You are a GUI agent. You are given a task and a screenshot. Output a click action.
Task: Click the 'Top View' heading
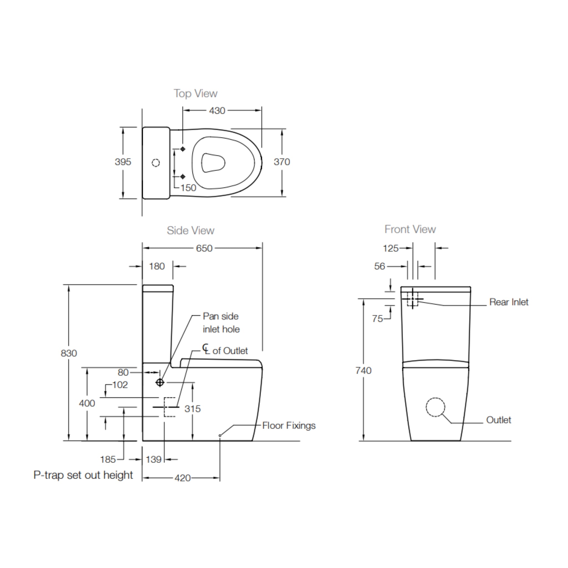pos(196,94)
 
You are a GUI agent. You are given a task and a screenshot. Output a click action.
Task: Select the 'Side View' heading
pos(191,231)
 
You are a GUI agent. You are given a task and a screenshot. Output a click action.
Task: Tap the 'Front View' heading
pos(410,230)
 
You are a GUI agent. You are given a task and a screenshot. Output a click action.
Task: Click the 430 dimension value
pos(217,111)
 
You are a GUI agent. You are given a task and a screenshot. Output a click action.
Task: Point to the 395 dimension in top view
pos(123,162)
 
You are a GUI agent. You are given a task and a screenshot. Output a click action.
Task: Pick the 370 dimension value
pos(282,162)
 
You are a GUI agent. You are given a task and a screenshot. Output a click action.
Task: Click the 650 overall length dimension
pos(204,249)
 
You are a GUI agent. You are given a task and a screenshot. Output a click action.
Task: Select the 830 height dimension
pos(69,353)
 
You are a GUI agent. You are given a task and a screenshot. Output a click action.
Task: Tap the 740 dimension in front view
pos(363,371)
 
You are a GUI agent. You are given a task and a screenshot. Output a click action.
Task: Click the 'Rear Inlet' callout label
pos(509,302)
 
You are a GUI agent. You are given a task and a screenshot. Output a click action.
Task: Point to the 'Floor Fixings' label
pos(289,426)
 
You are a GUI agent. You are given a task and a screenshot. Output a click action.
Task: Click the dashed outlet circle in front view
pos(435,407)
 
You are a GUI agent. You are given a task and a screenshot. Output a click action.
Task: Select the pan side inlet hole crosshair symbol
pos(160,382)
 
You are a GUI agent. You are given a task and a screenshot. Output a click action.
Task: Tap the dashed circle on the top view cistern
pos(156,163)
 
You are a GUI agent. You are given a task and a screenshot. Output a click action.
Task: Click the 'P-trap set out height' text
pos(83,475)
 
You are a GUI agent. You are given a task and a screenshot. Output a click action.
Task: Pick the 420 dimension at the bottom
pos(182,478)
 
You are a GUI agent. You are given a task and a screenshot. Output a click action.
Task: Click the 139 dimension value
pos(153,460)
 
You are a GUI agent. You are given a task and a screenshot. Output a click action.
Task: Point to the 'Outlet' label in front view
pos(499,420)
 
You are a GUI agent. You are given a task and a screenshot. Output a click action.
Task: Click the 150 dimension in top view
pos(188,188)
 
